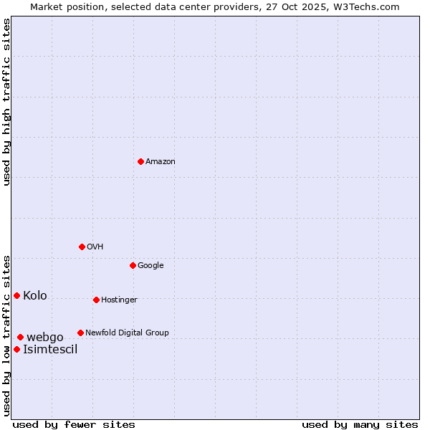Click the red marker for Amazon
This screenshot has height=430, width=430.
(140, 161)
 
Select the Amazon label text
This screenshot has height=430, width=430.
(161, 162)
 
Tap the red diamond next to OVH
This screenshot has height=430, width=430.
(82, 247)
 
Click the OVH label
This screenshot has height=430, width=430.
(95, 247)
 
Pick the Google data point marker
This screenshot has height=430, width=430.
(133, 265)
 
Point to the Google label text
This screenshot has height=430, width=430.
(150, 266)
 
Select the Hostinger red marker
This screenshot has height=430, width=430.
(96, 300)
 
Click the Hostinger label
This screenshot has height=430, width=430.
(119, 300)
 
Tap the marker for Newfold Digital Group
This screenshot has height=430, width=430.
(80, 333)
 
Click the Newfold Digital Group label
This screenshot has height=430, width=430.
(127, 333)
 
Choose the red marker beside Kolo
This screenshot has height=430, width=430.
(16, 295)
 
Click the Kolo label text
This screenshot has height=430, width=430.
(35, 296)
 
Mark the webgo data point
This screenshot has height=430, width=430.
(20, 337)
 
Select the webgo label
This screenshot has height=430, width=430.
(45, 338)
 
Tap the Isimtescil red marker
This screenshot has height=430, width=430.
(16, 349)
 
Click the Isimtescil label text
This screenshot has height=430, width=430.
(50, 350)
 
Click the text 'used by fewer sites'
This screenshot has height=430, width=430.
(74, 425)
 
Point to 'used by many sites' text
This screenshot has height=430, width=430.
(360, 425)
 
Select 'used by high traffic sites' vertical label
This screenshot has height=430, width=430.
(6, 102)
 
